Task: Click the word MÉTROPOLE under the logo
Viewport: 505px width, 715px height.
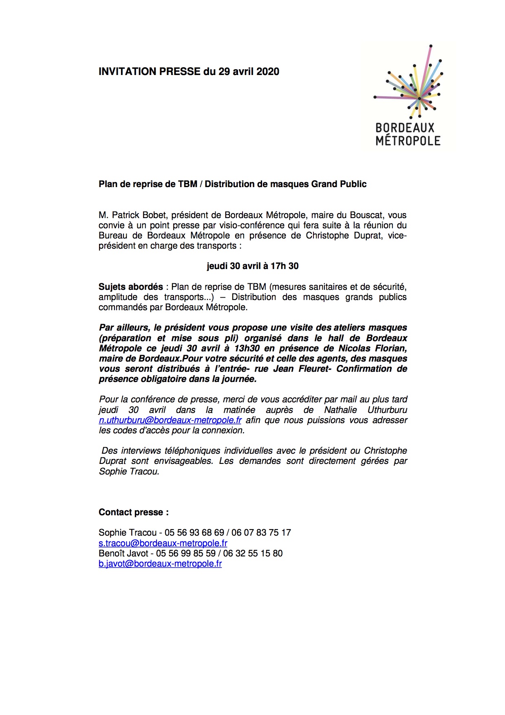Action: (x=408, y=141)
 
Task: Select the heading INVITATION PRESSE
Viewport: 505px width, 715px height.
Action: (x=150, y=72)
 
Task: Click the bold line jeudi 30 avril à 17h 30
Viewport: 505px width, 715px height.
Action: (x=252, y=266)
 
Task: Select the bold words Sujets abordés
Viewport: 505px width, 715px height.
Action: (x=130, y=287)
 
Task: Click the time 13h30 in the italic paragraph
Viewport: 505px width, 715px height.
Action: (x=247, y=349)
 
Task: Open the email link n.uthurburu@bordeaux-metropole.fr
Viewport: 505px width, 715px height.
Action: (x=170, y=420)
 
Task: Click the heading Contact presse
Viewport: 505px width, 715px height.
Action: (x=133, y=512)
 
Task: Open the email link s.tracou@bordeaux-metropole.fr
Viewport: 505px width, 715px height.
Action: (x=163, y=543)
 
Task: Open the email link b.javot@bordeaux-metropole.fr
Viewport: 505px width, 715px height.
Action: (x=160, y=564)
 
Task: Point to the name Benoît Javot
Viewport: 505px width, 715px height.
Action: (x=123, y=554)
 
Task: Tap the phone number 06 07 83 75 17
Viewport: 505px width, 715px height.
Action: (x=261, y=533)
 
